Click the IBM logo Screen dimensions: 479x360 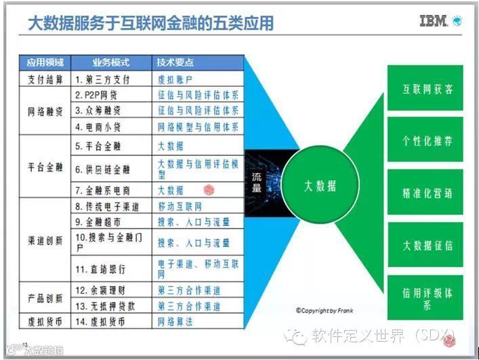[434, 21]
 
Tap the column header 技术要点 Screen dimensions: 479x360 [175, 62]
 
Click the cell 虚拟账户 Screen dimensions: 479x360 [175, 79]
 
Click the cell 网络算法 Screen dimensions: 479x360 [175, 322]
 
